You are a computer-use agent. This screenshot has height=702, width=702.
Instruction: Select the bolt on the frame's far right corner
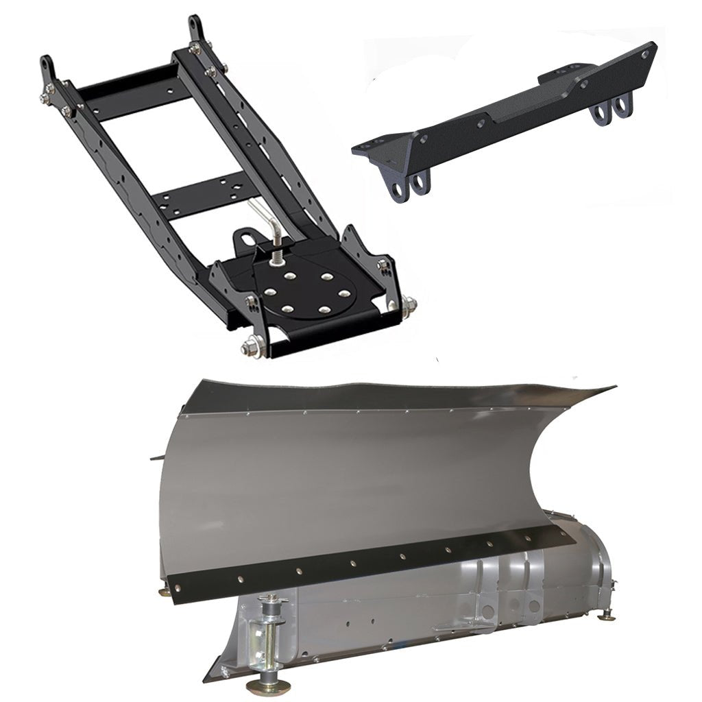[409, 304]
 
